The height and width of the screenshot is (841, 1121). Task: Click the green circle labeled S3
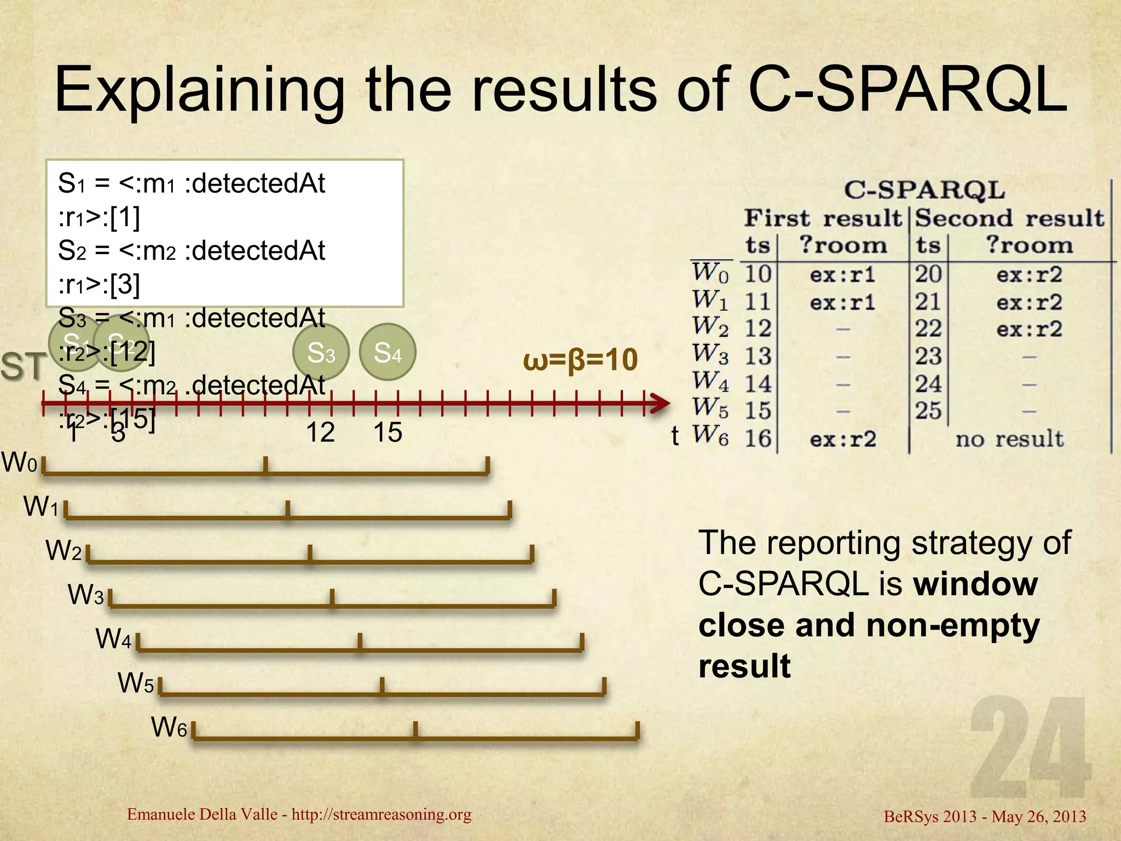click(x=321, y=352)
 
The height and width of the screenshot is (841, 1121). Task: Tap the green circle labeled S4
click(x=388, y=352)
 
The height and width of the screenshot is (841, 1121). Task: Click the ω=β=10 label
click(x=580, y=360)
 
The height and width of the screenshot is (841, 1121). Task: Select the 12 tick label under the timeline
click(x=320, y=433)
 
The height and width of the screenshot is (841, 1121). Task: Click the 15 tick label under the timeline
click(x=388, y=433)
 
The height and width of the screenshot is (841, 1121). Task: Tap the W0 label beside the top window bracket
click(x=20, y=463)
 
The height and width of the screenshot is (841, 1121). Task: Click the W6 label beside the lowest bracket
click(x=169, y=728)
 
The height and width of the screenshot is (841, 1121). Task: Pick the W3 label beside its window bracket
click(x=85, y=595)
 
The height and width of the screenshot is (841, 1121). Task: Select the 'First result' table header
click(x=822, y=218)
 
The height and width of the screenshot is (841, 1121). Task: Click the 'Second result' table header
click(x=1010, y=218)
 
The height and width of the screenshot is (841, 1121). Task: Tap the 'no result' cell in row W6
click(x=1009, y=439)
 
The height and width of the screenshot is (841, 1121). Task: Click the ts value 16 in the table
click(x=758, y=439)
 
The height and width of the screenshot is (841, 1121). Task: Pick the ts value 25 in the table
click(x=928, y=411)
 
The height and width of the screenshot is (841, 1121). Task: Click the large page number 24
click(x=1029, y=747)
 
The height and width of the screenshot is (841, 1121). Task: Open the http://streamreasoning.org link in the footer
click(x=382, y=814)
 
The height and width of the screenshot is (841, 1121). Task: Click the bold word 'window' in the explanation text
click(x=976, y=584)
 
